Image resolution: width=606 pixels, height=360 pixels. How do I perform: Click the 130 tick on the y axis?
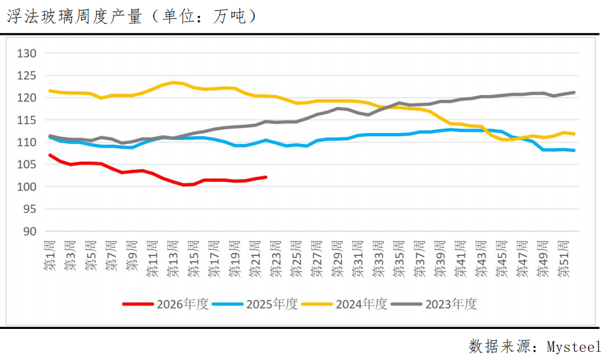[x=26, y=53]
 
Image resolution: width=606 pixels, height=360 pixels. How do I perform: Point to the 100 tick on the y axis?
[x=26, y=186]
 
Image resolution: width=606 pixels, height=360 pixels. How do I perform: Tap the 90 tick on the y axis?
[x=29, y=231]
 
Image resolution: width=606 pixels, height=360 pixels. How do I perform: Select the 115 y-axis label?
[x=26, y=120]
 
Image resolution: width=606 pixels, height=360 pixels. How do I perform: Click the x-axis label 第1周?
[x=49, y=255]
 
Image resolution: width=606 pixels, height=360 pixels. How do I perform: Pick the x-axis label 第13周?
[x=173, y=259]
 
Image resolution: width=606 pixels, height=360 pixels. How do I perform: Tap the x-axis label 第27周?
[x=316, y=259]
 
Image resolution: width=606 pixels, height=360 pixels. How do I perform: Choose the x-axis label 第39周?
[x=440, y=259]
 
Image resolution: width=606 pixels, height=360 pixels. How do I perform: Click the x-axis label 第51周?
[x=563, y=259]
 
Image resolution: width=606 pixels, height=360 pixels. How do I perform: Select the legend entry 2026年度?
[x=165, y=304]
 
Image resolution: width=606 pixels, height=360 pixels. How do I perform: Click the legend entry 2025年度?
[x=255, y=304]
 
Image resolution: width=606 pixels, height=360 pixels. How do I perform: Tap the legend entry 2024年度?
[x=344, y=304]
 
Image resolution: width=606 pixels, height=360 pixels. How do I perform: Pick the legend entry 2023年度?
[x=434, y=304]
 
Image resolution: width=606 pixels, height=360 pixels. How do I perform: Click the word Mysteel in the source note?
[x=574, y=347]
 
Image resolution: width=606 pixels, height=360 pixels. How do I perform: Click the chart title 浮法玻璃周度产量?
[x=74, y=16]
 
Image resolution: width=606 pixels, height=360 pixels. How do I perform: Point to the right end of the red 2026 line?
[x=266, y=177]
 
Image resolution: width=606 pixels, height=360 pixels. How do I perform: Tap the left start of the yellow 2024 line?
[x=50, y=91]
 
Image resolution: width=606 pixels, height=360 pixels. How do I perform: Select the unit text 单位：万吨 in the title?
[x=204, y=16]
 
